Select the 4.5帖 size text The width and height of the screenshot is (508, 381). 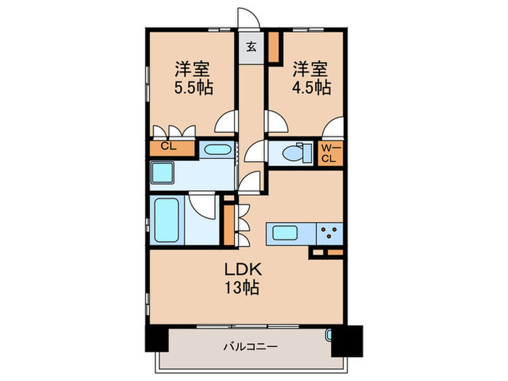tap(312, 89)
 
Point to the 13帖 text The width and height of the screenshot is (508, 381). tap(241, 286)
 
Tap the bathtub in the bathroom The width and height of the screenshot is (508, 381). tap(168, 221)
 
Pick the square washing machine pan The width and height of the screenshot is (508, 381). tap(164, 174)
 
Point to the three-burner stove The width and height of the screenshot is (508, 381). tap(329, 233)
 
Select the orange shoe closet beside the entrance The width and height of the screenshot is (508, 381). tap(275, 48)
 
